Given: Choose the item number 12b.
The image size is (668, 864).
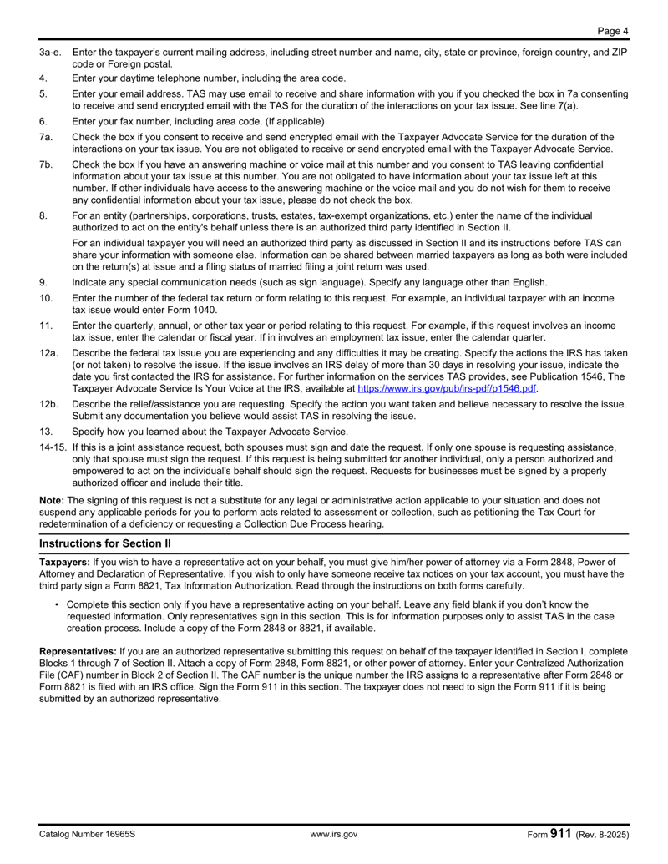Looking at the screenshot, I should coord(49,405).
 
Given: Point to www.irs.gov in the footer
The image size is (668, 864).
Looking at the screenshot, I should coord(334,834).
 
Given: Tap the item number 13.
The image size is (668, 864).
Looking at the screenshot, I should coord(47,432).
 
